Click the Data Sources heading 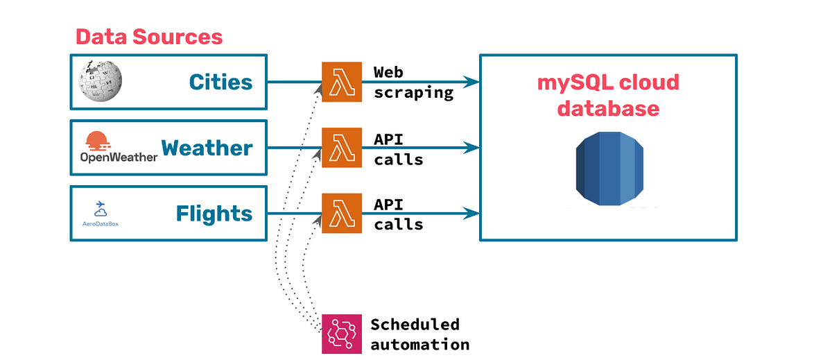149,37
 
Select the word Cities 220,83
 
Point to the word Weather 207,148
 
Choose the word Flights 214,213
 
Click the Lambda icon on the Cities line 342,82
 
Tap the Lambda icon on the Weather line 342,147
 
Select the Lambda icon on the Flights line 342,213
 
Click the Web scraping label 413,82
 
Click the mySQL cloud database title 608,96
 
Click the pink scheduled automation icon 342,334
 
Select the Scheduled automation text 419,334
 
